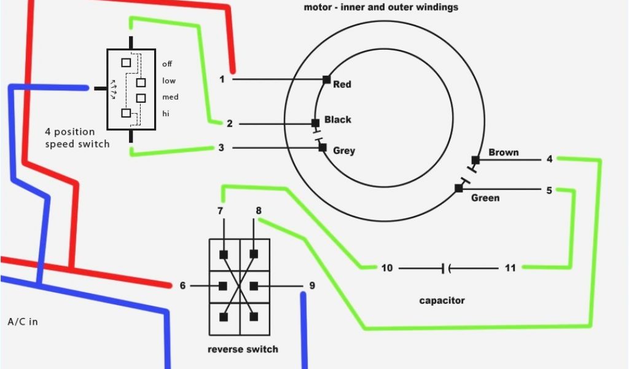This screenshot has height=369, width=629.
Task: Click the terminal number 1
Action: pyautogui.click(x=222, y=79)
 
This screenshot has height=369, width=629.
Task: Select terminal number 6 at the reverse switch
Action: pyautogui.click(x=182, y=285)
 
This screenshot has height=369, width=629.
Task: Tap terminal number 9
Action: pyautogui.click(x=312, y=285)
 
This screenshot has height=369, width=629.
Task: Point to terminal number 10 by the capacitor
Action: pyautogui.click(x=386, y=268)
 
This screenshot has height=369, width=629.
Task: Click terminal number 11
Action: pyautogui.click(x=510, y=268)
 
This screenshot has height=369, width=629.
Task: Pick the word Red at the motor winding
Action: pyautogui.click(x=342, y=84)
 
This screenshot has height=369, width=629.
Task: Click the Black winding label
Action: pyautogui.click(x=338, y=119)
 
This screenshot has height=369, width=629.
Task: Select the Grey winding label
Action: pyautogui.click(x=344, y=151)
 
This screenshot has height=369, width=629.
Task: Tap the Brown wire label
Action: pyautogui.click(x=504, y=152)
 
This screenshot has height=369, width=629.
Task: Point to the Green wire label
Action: pyautogui.click(x=485, y=198)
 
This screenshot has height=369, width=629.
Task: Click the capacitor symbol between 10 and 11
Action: pyautogui.click(x=446, y=268)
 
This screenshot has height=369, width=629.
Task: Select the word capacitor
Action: pyautogui.click(x=442, y=301)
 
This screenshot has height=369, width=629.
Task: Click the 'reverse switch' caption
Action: pyautogui.click(x=243, y=349)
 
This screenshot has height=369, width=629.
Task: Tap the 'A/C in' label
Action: pyautogui.click(x=23, y=322)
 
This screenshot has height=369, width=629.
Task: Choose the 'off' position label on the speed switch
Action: pyautogui.click(x=167, y=64)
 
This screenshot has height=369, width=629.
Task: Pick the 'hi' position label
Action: pyautogui.click(x=166, y=113)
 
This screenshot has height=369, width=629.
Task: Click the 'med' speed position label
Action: pyautogui.click(x=170, y=97)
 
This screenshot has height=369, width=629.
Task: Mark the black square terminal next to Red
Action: pyautogui.click(x=326, y=79)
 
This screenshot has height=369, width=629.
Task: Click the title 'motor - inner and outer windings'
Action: pyautogui.click(x=381, y=7)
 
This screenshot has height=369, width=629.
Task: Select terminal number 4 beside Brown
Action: pyautogui.click(x=550, y=159)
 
